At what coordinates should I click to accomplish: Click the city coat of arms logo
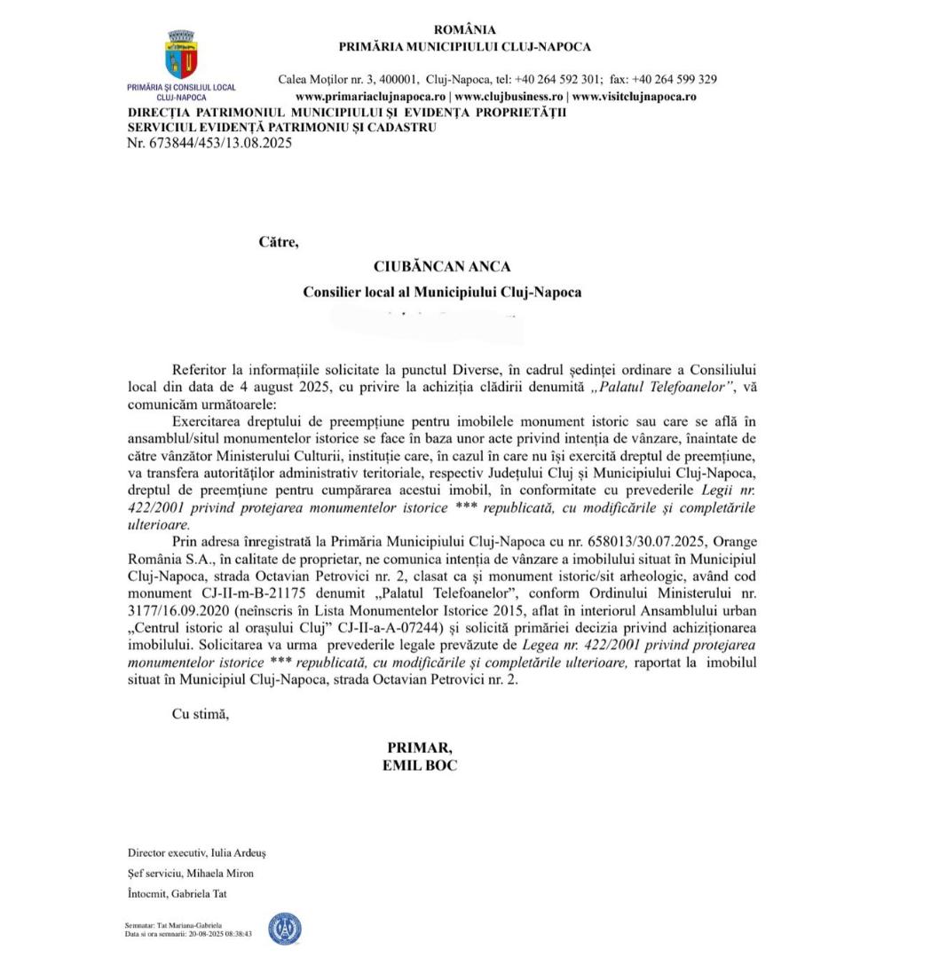(x=182, y=54)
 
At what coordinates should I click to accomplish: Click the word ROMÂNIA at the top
(x=464, y=30)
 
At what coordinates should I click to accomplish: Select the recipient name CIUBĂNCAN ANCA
(x=442, y=266)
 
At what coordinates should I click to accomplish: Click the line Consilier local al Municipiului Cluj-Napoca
(x=442, y=292)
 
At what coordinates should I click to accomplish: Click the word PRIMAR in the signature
(x=420, y=747)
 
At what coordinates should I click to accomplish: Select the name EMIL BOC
(x=420, y=764)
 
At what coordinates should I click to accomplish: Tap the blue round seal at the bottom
(x=285, y=929)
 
